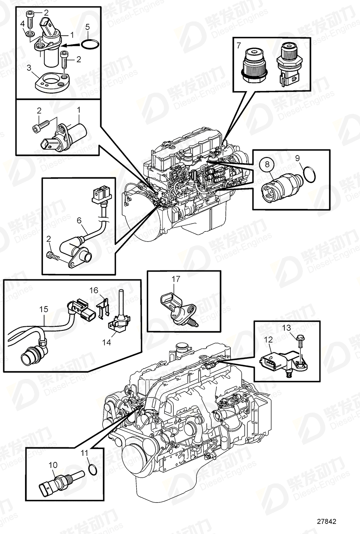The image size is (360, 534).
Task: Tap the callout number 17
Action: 175,279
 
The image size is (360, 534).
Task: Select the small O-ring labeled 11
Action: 92,469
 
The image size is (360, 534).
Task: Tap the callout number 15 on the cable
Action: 44,309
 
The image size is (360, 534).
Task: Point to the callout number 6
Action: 79,221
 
